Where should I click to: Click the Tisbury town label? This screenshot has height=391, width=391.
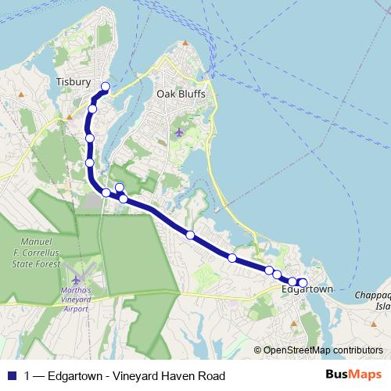pyautogui.click(x=74, y=81)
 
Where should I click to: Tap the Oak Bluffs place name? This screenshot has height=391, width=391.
pyautogui.click(x=179, y=93)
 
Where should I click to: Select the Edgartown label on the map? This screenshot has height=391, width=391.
pyautogui.click(x=307, y=289)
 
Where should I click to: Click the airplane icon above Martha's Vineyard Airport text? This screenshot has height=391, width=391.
pyautogui.click(x=75, y=278)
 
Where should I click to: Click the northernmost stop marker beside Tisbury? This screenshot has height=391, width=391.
pyautogui.click(x=106, y=87)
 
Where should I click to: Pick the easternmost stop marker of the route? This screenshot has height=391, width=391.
pyautogui.click(x=303, y=282)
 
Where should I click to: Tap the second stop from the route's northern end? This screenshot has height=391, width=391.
pyautogui.click(x=92, y=109)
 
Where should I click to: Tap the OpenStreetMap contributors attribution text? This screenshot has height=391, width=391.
pyautogui.click(x=323, y=350)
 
